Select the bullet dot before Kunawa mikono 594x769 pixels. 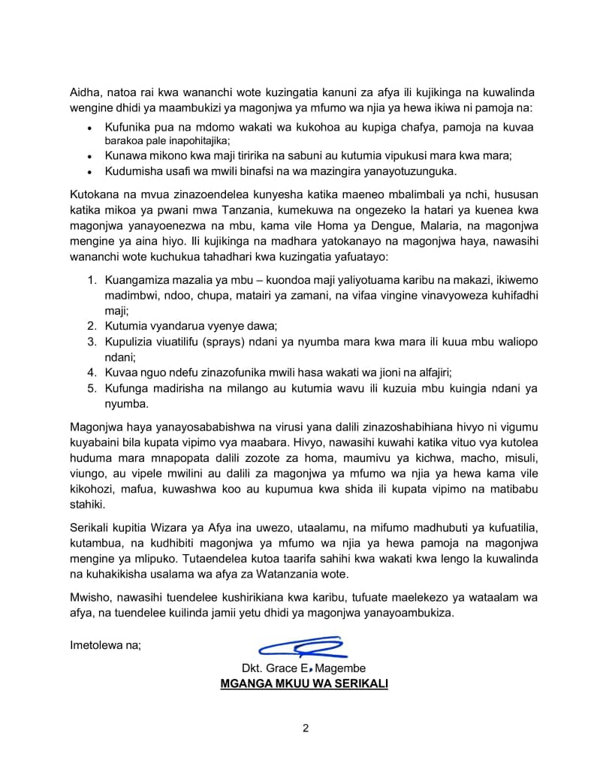[89, 156]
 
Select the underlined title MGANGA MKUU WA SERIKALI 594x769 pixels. [304, 684]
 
